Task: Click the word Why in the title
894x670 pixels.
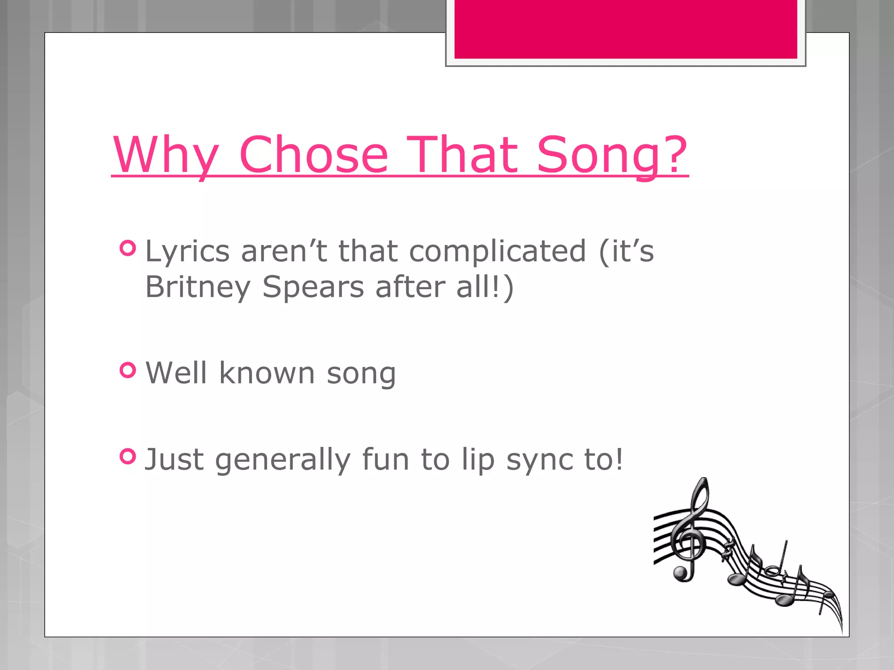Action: [166, 155]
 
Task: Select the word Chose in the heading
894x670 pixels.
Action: [313, 155]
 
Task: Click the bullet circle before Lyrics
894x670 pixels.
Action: [128, 248]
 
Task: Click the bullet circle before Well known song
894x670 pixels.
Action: [128, 370]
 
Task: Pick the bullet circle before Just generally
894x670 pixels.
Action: [128, 457]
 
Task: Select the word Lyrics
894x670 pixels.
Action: [187, 252]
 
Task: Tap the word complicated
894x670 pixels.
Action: [497, 252]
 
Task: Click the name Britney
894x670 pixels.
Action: [197, 287]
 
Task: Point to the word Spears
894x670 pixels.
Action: [313, 287]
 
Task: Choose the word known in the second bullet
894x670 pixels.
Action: [267, 373]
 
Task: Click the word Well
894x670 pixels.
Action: [176, 373]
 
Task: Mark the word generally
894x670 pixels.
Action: [282, 460]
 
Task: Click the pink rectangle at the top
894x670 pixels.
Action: [625, 29]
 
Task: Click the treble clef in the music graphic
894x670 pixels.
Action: [690, 532]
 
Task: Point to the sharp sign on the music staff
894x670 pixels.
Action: [727, 550]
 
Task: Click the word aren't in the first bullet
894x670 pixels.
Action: [284, 252]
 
